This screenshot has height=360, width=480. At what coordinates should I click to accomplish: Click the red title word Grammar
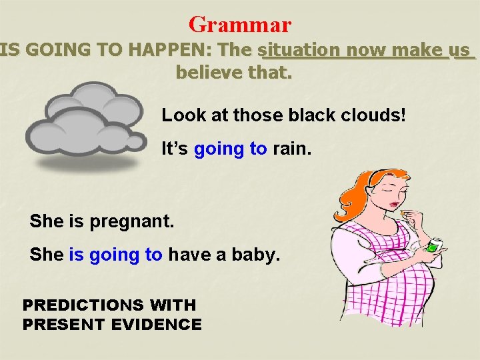click(x=240, y=25)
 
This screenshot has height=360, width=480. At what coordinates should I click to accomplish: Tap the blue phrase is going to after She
click(x=115, y=254)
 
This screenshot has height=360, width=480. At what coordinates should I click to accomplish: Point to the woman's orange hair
click(x=363, y=193)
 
